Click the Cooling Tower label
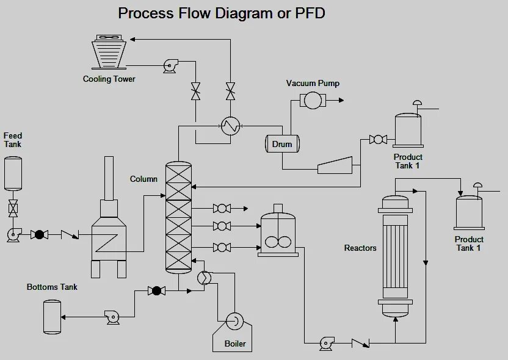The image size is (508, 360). [x=109, y=79]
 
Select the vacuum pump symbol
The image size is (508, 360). [x=313, y=100]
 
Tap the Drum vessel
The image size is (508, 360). [x=282, y=144]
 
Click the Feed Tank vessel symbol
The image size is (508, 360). [x=13, y=173]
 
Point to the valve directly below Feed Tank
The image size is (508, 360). [x=13, y=208]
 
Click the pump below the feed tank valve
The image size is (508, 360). [x=14, y=235]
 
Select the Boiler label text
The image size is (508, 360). [x=235, y=344]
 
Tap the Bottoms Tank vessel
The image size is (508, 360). [x=52, y=317]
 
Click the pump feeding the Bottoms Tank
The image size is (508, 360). [x=112, y=317]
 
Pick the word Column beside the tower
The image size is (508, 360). [x=143, y=179]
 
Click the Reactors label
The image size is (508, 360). [x=360, y=248]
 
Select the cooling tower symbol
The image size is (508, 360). [x=109, y=52]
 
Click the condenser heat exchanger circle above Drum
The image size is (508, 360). [x=231, y=126]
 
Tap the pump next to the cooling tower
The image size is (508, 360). [x=170, y=66]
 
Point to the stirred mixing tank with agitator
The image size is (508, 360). [x=278, y=230]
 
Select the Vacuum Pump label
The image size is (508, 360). [x=313, y=83]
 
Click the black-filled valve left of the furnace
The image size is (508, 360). [x=39, y=234]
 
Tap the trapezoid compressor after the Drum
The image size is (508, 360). [x=335, y=165]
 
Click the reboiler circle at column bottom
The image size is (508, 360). [x=204, y=278]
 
